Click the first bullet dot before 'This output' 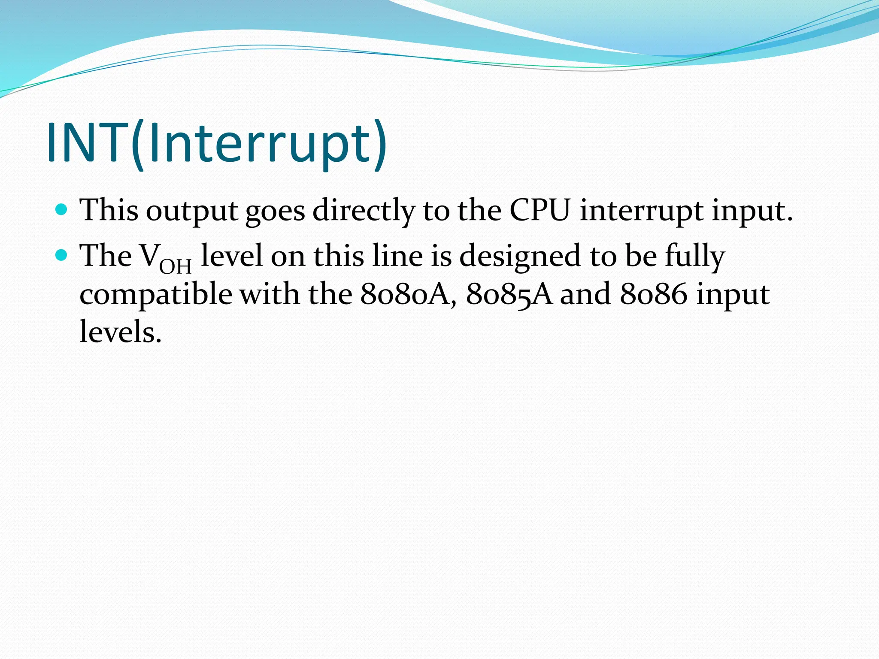(x=62, y=210)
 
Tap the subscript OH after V (x=175, y=266)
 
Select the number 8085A (x=509, y=295)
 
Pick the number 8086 (x=653, y=295)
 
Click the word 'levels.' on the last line (x=121, y=333)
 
